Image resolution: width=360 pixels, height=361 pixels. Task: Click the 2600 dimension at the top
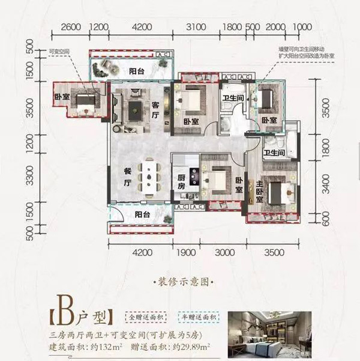71,27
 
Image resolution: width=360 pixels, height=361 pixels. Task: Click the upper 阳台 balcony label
137,72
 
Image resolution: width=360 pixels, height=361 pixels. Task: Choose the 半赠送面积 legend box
198,317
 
